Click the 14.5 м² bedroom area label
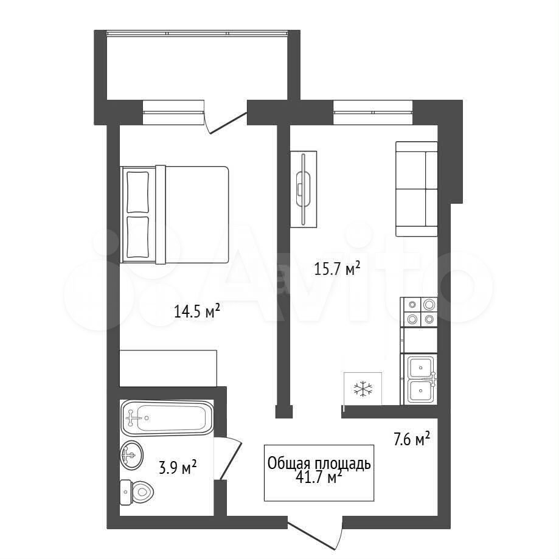point(197,311)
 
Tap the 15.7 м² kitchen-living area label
point(337,268)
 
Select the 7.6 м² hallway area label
point(411,439)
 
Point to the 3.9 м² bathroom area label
point(178,467)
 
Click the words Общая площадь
point(319,464)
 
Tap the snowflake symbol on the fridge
point(363,389)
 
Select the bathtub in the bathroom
point(167,418)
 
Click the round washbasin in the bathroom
point(132,455)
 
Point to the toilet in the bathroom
point(136,492)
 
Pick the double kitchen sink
point(421,380)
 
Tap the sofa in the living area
point(417,189)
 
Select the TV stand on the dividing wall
point(304,189)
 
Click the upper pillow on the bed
point(137,192)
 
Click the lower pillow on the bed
point(137,237)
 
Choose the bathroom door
point(229,458)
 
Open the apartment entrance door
point(315,535)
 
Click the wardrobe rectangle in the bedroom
point(168,368)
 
